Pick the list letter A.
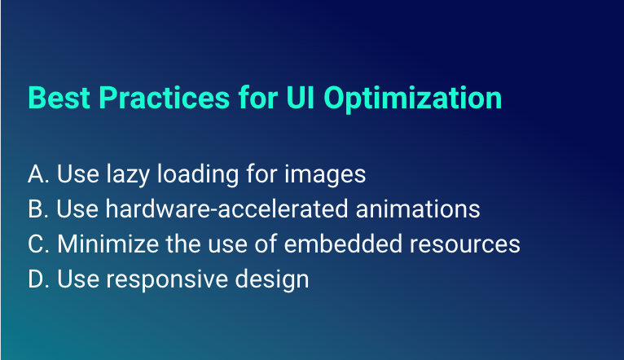[37, 174]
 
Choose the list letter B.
[37, 209]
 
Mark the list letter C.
[37, 244]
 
